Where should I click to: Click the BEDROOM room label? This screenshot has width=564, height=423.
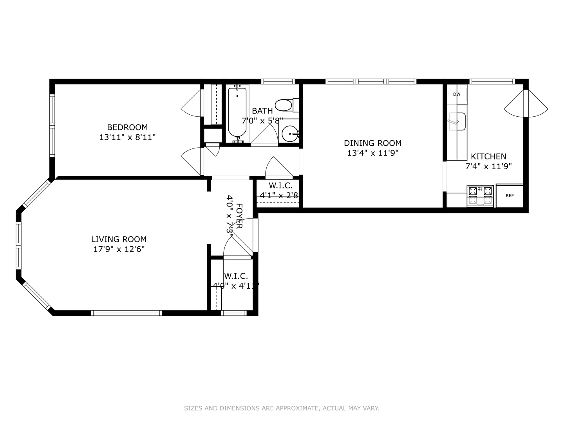127,127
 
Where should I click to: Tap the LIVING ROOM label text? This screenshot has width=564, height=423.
119,239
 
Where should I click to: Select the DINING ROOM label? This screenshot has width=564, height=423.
372,143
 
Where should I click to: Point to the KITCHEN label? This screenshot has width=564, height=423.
488,156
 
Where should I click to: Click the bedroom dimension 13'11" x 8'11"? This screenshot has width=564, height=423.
127,137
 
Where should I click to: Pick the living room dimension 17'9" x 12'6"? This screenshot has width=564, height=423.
119,249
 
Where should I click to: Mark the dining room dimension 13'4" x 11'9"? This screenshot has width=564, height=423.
372,153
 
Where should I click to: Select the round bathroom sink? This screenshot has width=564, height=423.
290,134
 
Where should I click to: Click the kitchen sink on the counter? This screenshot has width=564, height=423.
457,121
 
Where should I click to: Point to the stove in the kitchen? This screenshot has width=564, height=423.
480,195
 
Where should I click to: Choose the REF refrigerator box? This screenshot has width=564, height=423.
509,195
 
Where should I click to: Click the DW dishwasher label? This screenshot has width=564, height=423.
457,94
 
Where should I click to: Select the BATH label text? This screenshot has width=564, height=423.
262,111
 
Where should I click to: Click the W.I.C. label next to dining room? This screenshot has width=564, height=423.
280,186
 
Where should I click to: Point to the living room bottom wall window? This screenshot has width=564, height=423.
127,313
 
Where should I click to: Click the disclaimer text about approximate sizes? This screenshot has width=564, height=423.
282,408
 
